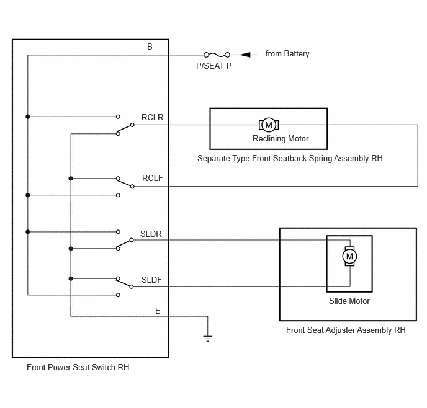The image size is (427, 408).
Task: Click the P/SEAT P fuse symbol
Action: pyautogui.click(x=217, y=55)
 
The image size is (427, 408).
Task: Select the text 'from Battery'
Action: pyautogui.click(x=287, y=54)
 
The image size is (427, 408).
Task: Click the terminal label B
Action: pyautogui.click(x=150, y=47)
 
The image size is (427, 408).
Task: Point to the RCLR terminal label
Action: pyautogui.click(x=152, y=117)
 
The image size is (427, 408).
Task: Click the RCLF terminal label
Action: pyautogui.click(x=152, y=178)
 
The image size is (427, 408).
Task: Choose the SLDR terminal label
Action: pyautogui.click(x=151, y=234)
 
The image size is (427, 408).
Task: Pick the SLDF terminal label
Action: pyautogui.click(x=151, y=280)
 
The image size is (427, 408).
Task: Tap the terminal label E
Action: pyautogui.click(x=158, y=311)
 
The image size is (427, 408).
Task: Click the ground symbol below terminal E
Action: pyautogui.click(x=207, y=339)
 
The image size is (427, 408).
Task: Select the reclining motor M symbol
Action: pyautogui.click(x=269, y=125)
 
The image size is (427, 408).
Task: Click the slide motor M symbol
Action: pyautogui.click(x=349, y=256)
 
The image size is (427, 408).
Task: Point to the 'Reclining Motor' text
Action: pyautogui.click(x=281, y=139)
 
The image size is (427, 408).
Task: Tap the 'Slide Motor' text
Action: pyautogui.click(x=349, y=301)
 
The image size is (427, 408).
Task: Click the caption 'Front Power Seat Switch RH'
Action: pyautogui.click(x=78, y=367)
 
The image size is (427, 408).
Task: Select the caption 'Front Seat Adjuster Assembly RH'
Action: pyautogui.click(x=346, y=330)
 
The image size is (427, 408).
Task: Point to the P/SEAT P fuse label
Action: pyautogui.click(x=213, y=66)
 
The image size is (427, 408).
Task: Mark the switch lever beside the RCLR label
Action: pyautogui.click(x=125, y=129)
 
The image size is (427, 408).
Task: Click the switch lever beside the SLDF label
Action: pyautogui.click(x=125, y=283)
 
